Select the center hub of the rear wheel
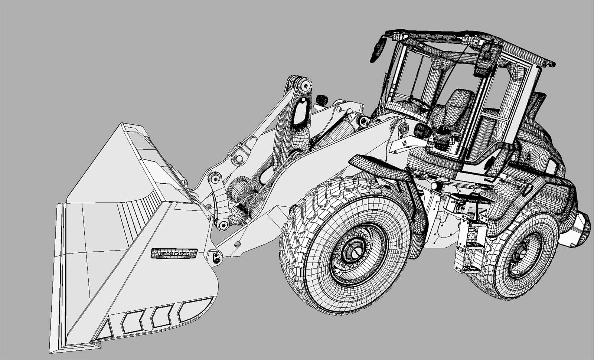519,254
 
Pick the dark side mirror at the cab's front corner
377,50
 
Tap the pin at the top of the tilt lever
306,86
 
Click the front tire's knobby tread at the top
345,186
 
